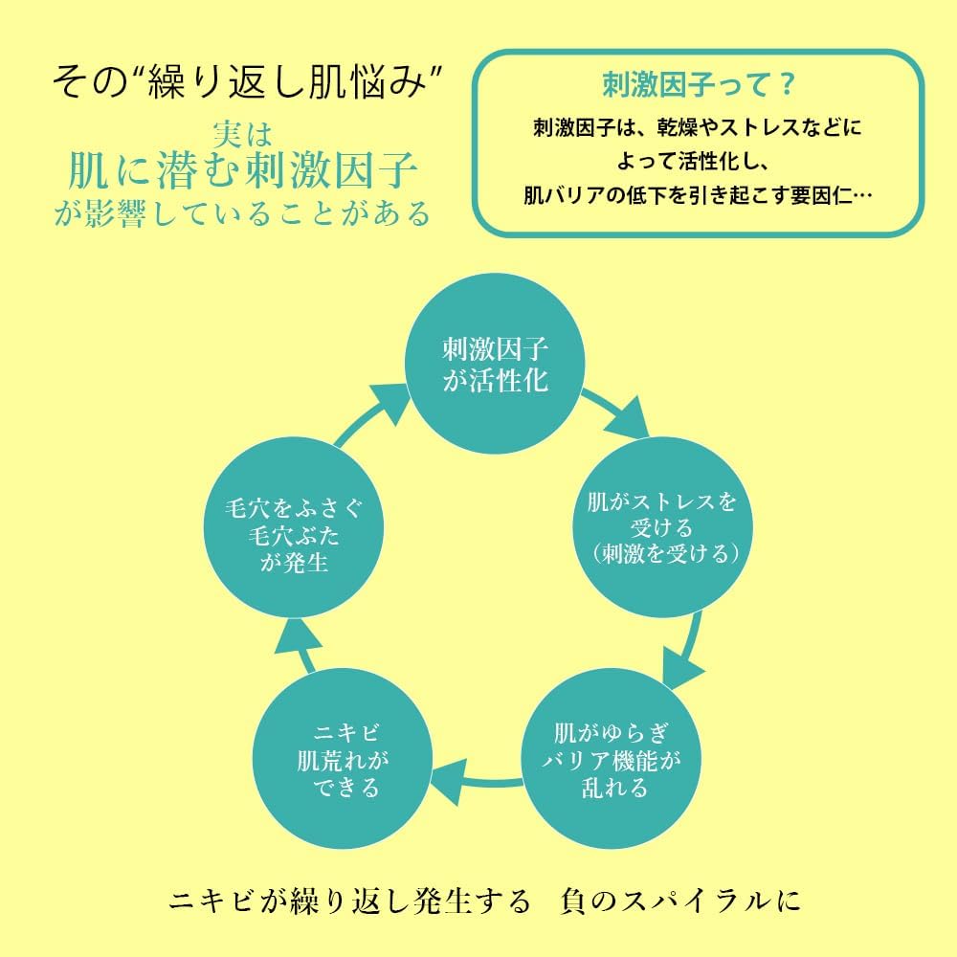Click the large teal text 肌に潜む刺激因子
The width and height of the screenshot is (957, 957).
[243, 172]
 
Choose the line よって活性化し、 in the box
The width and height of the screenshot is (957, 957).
[696, 161]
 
